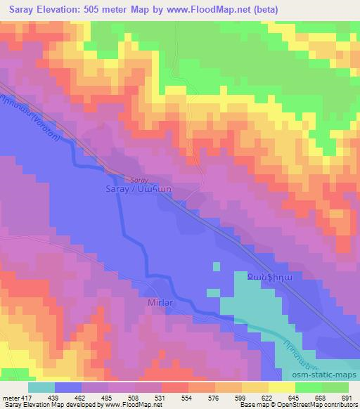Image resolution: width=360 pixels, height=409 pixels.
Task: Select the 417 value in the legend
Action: point(27,397)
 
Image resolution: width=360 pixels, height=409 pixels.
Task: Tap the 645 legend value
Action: point(283,397)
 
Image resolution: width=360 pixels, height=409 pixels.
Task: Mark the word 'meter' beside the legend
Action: point(10,397)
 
